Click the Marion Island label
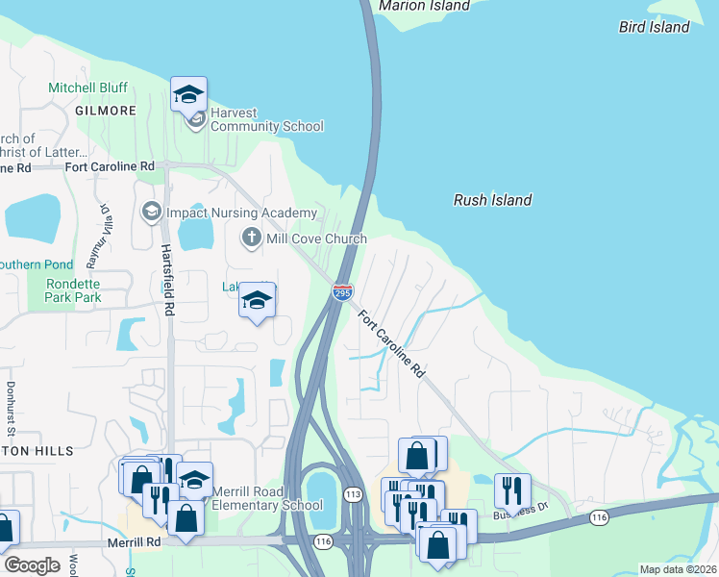click(424, 6)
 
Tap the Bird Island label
click(654, 27)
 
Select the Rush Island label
click(492, 200)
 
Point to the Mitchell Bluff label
click(87, 88)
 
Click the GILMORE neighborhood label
click(105, 111)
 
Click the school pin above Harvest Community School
click(189, 94)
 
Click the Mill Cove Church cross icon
click(251, 237)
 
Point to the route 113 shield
click(353, 494)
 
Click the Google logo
click(32, 565)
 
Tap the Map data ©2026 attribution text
click(678, 569)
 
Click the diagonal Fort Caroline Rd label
click(392, 343)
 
